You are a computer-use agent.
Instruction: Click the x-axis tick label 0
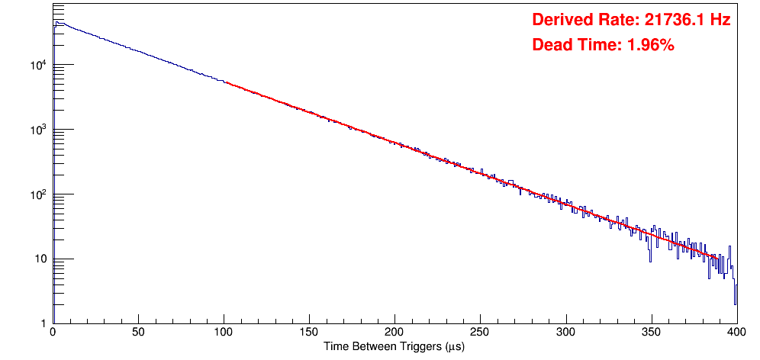52,333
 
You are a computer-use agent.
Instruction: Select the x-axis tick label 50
138,333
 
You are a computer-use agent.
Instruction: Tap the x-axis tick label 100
224,333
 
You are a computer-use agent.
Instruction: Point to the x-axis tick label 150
309,333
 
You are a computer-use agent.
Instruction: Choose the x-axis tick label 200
394,333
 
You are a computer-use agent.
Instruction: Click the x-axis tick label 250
480,333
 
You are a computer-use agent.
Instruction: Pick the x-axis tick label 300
565,333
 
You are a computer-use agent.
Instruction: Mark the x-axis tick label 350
651,333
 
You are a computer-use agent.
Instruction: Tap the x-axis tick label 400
736,333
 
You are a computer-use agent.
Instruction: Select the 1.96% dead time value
650,46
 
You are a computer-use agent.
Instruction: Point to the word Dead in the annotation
552,46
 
